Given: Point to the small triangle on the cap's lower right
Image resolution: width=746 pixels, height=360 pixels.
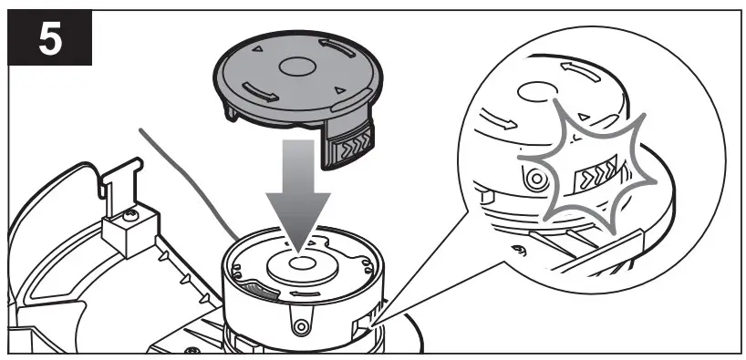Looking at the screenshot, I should click(338, 89).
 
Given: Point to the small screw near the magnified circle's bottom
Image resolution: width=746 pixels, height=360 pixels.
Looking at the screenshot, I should click(519, 252).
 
